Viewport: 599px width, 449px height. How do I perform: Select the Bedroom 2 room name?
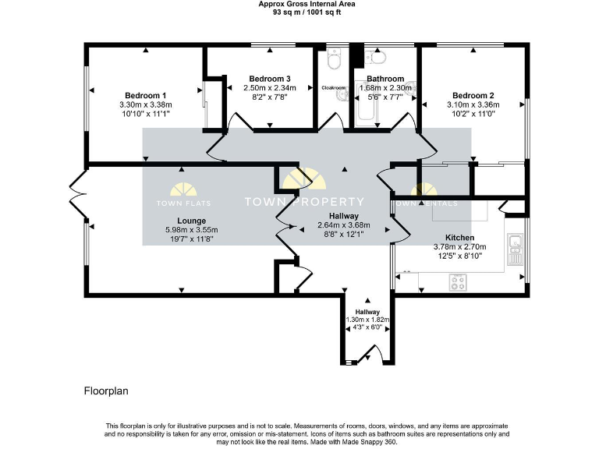473,95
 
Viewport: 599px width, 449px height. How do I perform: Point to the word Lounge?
191,221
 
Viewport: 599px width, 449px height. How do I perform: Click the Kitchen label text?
459,237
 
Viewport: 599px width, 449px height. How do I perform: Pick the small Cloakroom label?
333,88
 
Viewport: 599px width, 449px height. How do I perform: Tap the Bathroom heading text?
385,79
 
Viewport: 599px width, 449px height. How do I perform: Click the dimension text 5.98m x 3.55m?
191,230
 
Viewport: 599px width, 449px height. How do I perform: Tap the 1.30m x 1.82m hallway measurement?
367,320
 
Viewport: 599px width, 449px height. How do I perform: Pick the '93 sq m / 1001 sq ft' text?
299,12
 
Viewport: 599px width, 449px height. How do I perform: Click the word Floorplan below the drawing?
105,390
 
